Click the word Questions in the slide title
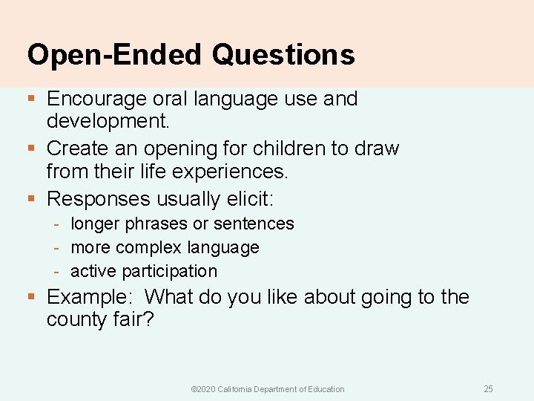(x=283, y=55)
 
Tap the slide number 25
(x=488, y=389)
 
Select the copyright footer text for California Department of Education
(x=268, y=389)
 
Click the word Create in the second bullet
(x=79, y=149)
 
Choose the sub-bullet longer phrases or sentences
(x=182, y=224)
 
